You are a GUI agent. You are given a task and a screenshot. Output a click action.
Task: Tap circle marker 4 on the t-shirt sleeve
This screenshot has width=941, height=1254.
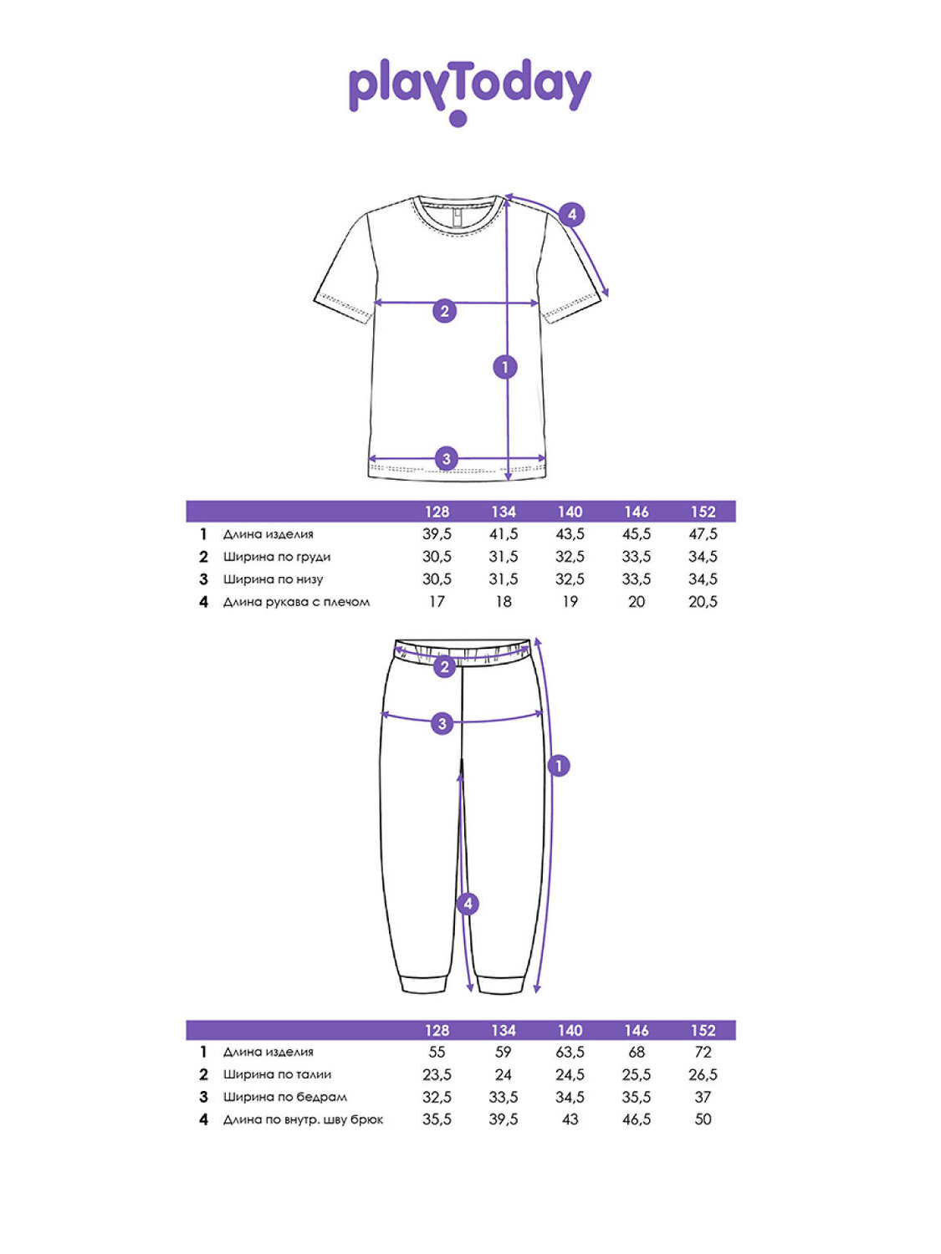click(x=571, y=215)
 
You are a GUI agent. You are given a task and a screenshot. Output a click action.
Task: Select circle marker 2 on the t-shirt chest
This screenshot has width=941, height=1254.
click(x=444, y=312)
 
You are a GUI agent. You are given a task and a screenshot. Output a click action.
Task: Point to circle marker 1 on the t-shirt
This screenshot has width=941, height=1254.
click(x=504, y=366)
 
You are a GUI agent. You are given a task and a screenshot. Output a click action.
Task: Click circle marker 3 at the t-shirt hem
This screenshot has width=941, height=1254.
click(x=446, y=458)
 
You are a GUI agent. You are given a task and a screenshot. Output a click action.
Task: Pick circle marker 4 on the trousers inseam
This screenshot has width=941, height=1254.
click(x=468, y=904)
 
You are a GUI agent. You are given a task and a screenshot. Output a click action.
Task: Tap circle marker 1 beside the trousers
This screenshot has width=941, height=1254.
click(x=558, y=765)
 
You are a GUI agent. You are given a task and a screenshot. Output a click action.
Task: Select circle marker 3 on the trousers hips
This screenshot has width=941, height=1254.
click(x=442, y=723)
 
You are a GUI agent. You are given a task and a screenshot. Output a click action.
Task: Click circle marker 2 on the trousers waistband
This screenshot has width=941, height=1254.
click(x=444, y=666)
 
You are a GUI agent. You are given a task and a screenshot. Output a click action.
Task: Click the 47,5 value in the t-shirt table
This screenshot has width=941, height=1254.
click(x=703, y=534)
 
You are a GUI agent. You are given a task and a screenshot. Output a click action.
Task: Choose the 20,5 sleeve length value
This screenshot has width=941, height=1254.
click(x=703, y=602)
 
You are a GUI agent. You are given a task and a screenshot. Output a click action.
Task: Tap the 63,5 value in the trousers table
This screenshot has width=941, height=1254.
click(x=570, y=1053)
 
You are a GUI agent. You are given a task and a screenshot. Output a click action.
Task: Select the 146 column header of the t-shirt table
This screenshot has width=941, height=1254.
click(x=637, y=512)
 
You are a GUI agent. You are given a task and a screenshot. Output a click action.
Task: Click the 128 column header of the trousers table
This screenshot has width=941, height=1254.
click(x=437, y=1031)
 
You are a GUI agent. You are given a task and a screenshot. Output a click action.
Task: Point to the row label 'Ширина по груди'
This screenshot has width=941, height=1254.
click(x=277, y=557)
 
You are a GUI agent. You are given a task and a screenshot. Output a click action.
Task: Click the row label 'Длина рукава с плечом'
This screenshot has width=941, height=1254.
click(x=296, y=602)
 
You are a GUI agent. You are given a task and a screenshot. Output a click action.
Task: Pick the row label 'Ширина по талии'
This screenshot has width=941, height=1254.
click(x=277, y=1075)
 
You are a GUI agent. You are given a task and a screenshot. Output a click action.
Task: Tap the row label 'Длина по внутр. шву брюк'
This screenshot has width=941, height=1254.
click(x=303, y=1119)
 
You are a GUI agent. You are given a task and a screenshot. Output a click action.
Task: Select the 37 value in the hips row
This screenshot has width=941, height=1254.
click(x=703, y=1097)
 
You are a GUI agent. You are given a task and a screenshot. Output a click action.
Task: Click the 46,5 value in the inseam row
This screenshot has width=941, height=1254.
click(x=637, y=1119)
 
